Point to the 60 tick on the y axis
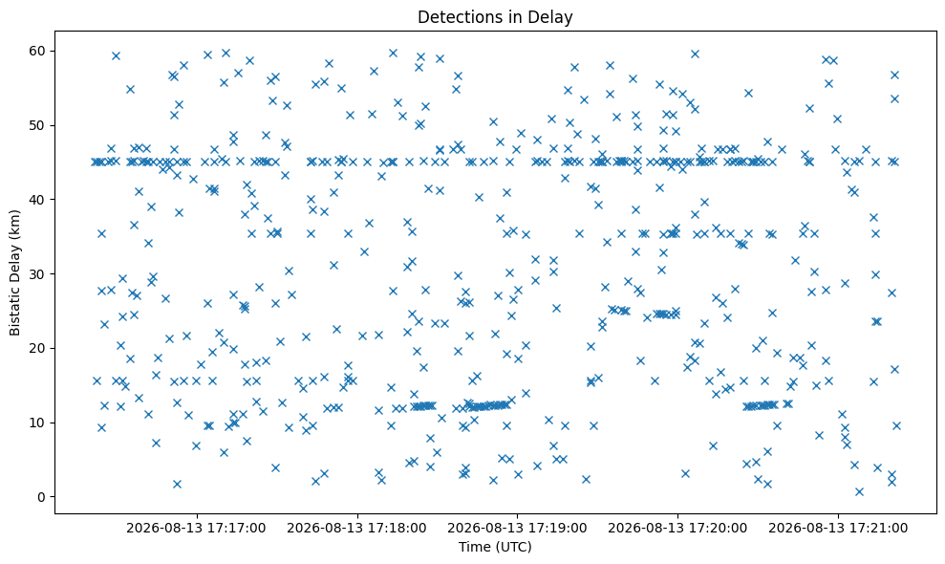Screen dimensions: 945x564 click(37, 51)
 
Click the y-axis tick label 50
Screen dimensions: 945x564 click(37, 125)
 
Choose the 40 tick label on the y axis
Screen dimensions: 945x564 click(37, 200)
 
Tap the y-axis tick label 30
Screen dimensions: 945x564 click(37, 273)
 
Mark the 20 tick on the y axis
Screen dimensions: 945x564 click(37, 348)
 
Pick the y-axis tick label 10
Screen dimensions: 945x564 click(37, 423)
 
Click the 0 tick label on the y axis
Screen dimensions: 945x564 click(42, 497)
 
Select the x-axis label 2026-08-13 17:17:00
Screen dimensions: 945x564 click(196, 529)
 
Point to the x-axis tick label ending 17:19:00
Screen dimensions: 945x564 click(517, 529)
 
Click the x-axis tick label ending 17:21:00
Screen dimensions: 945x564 click(838, 529)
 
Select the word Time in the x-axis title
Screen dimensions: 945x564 click(472, 547)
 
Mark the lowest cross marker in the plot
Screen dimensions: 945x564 click(859, 491)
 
